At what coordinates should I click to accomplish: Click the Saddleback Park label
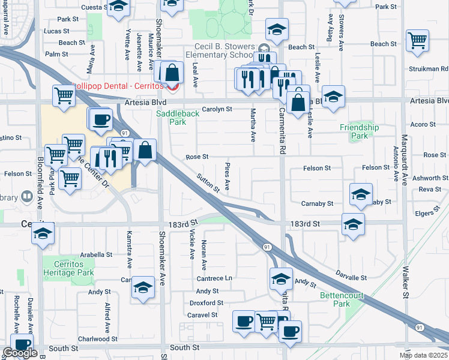pos(171,117)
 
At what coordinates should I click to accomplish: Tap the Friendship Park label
pos(359,131)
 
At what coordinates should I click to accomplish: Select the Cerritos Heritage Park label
pos(68,268)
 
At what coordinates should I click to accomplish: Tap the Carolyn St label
pos(217,109)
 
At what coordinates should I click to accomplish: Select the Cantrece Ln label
pos(215,278)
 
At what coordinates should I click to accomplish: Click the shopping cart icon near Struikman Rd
pos(417,40)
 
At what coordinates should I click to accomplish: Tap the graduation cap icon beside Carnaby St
pos(360,194)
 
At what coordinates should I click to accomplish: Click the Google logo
pos(20,353)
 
